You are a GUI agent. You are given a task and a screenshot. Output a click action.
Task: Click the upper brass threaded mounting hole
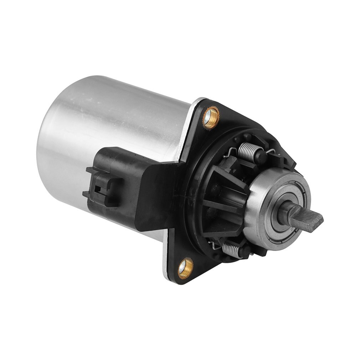[x=211, y=117]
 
